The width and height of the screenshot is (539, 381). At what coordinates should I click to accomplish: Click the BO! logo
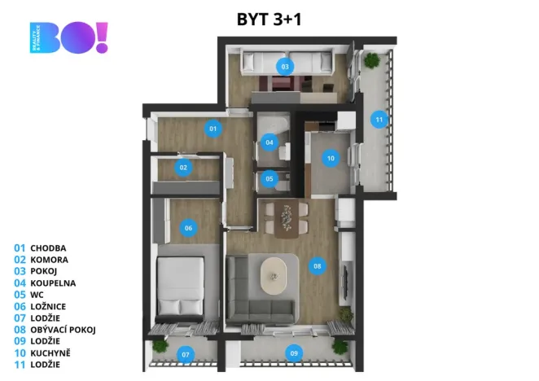[x=69, y=38]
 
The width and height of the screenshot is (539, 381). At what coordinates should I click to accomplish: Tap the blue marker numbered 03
[x=285, y=66]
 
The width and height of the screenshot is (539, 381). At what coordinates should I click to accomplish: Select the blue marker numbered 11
[x=378, y=120]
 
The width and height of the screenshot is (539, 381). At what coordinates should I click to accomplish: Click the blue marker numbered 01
[x=213, y=128]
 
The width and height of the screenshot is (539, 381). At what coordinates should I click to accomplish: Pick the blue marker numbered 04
[x=269, y=142]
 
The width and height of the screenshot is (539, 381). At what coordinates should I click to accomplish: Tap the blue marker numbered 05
[x=269, y=178]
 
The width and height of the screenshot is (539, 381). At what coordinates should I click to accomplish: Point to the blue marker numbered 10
[x=331, y=159]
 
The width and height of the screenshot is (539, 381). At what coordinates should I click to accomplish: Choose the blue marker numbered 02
[x=184, y=168]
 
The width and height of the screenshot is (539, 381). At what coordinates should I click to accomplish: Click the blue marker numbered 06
[x=188, y=228]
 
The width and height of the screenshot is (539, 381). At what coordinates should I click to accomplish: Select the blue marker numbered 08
[x=318, y=265]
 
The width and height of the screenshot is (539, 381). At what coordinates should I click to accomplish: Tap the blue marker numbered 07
[x=186, y=354]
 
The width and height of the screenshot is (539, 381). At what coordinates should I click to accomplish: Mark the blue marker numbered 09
[x=295, y=353]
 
